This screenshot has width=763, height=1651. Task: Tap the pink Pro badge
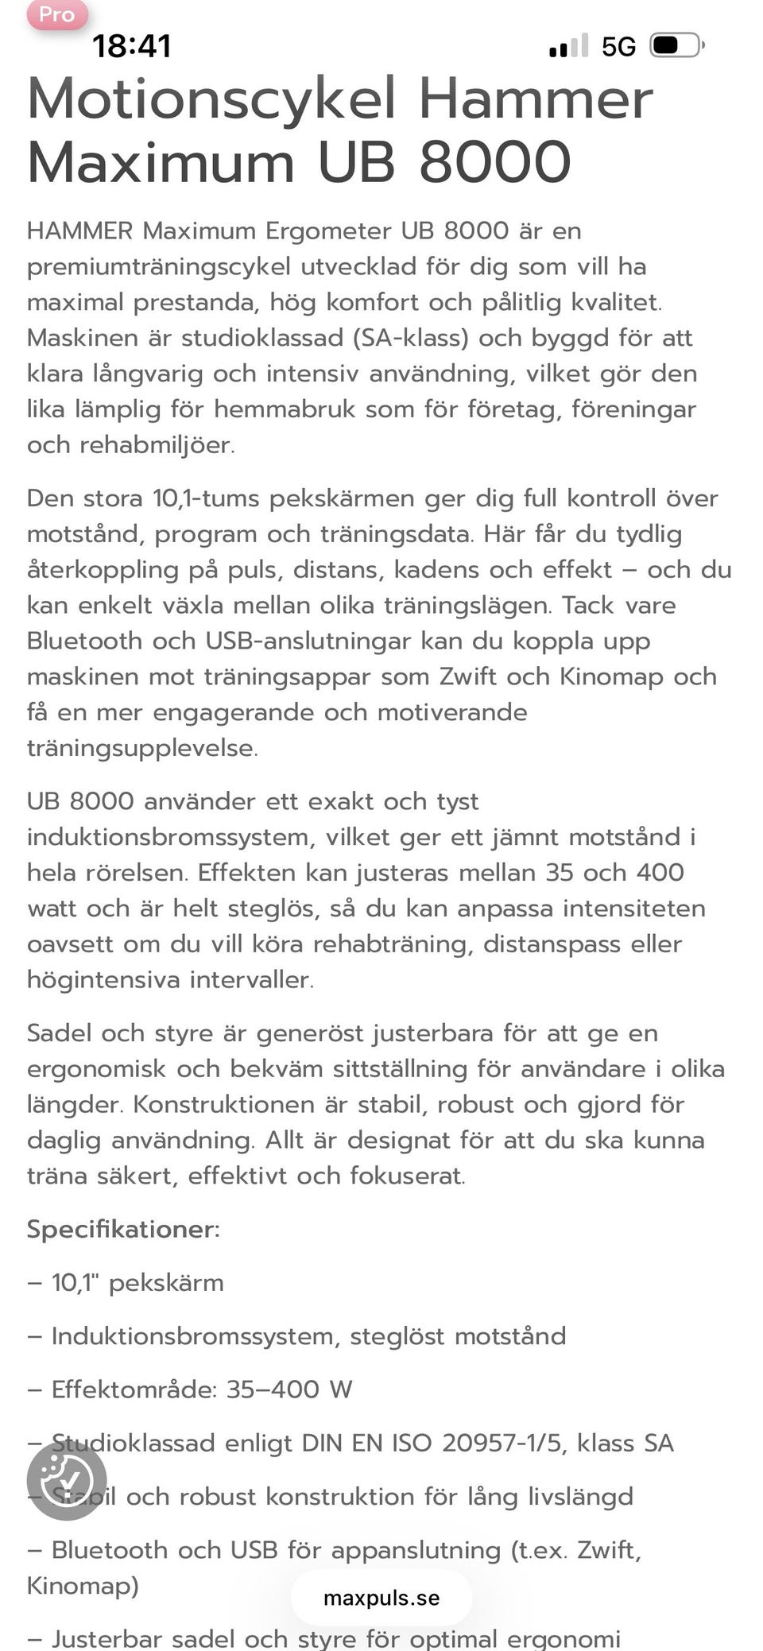point(56,15)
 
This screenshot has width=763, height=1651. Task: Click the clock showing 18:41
point(132,46)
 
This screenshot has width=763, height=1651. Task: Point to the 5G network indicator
point(618,47)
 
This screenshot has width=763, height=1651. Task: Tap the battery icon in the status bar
point(676,45)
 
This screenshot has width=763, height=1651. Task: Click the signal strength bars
point(568,46)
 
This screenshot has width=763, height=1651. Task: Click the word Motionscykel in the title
point(211,99)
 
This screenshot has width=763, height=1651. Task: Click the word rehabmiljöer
point(157,445)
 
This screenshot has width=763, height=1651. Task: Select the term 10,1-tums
point(206,498)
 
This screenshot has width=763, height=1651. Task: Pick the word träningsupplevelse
point(141,748)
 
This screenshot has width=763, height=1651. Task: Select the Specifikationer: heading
point(123,1229)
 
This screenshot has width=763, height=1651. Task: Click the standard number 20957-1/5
point(502,1443)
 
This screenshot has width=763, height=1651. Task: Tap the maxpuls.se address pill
point(381,1598)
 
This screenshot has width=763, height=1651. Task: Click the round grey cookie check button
point(67,1481)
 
